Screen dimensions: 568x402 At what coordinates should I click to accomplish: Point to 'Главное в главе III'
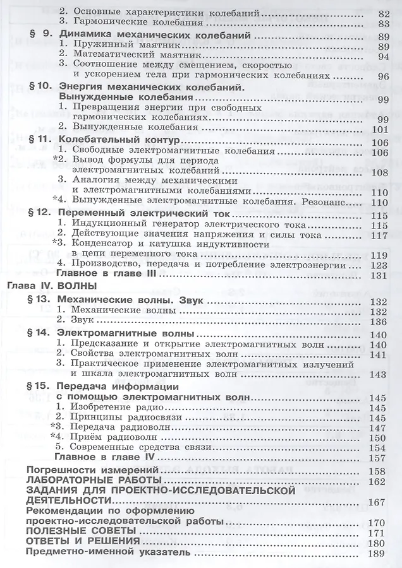tap(100, 275)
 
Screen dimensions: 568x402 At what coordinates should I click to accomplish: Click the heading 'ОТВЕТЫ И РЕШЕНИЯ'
tap(71, 543)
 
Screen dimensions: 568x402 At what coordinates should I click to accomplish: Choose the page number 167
tap(377, 502)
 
